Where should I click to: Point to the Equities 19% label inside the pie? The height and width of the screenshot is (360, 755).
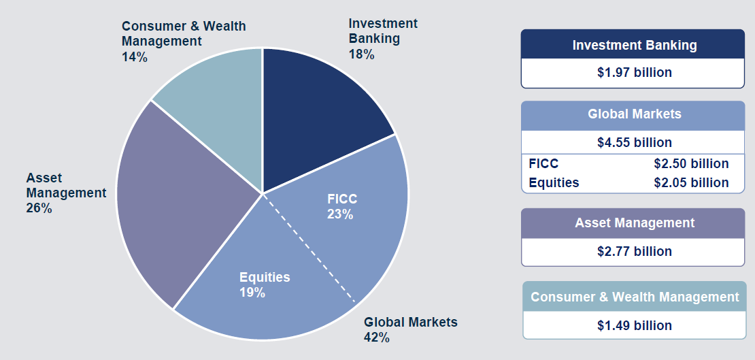click(x=265, y=284)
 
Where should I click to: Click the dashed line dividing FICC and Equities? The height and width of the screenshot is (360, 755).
click(x=309, y=248)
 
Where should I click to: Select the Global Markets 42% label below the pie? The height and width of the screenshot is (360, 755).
click(x=410, y=329)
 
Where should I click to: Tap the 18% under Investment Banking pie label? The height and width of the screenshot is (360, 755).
click(x=362, y=54)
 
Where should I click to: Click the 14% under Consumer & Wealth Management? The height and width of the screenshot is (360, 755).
click(x=135, y=57)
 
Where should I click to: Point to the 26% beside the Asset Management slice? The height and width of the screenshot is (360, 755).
click(x=39, y=209)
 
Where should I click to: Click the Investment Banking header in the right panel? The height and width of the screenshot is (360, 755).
click(x=634, y=45)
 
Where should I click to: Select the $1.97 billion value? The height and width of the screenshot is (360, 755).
click(x=634, y=73)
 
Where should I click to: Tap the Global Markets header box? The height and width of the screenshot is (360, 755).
click(x=634, y=115)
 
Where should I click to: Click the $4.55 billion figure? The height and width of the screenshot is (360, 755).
click(x=634, y=143)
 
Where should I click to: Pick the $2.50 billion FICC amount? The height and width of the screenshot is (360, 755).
click(x=691, y=163)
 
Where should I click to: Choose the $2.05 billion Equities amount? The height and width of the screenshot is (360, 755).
click(x=691, y=182)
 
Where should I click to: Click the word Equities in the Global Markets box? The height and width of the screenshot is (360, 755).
click(x=554, y=183)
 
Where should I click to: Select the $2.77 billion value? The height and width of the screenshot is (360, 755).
click(x=634, y=252)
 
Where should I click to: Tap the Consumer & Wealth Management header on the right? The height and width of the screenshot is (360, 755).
click(x=635, y=297)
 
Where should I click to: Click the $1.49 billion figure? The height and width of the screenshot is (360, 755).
click(x=634, y=326)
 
